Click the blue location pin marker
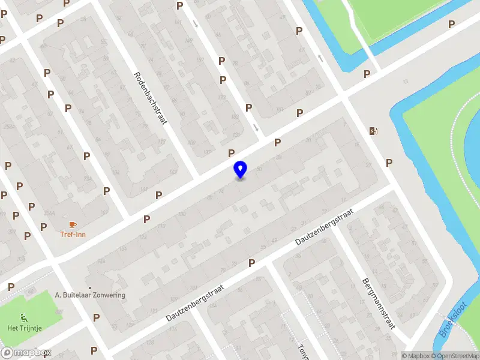pyautogui.click(x=240, y=170)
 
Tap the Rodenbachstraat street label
pyautogui.click(x=149, y=99)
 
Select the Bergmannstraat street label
pyautogui.click(x=378, y=304)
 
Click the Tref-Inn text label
pyautogui.click(x=72, y=234)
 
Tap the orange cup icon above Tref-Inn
pyautogui.click(x=73, y=224)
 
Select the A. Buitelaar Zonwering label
pyautogui.click(x=89, y=295)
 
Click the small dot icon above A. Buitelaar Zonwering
pyautogui.click(x=89, y=287)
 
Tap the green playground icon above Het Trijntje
pyautogui.click(x=23, y=318)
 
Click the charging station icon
pyautogui.click(x=374, y=131)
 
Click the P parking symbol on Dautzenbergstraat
pyautogui.click(x=251, y=263)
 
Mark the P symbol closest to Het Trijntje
pyautogui.click(x=95, y=317)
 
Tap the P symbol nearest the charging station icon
pyautogui.click(x=389, y=163)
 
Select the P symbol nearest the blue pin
pyautogui.click(x=231, y=153)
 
